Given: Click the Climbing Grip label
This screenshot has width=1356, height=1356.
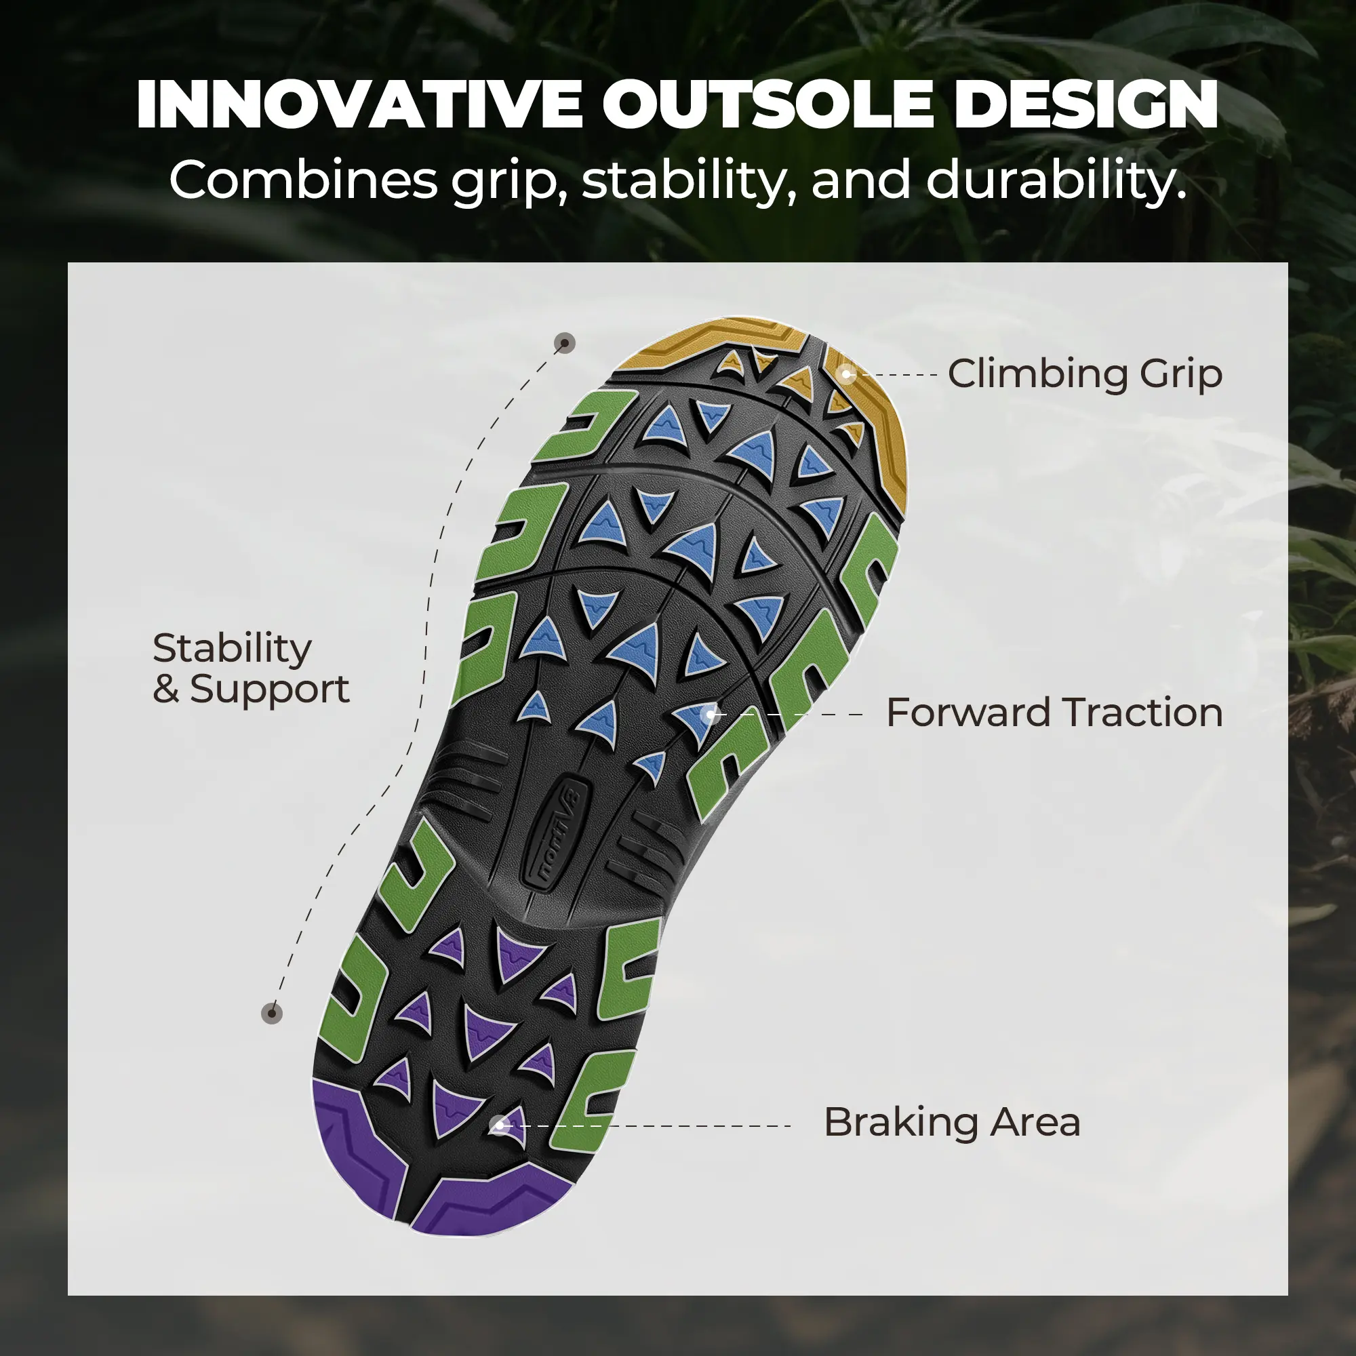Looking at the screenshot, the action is click(x=1084, y=374).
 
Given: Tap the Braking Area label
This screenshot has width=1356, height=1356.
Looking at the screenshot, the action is click(x=952, y=1122).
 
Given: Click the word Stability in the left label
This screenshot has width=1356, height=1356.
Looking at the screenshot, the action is click(x=232, y=650).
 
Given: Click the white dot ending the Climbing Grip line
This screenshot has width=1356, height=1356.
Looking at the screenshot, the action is click(x=847, y=374).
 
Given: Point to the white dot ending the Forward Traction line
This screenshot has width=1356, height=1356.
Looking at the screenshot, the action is click(x=712, y=714).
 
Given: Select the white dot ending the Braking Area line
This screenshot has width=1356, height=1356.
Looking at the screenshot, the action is click(x=499, y=1125).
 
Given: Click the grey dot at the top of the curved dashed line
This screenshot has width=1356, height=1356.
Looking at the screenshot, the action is click(x=565, y=343).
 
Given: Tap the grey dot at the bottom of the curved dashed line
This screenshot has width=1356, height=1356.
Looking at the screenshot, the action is click(x=272, y=1014).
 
